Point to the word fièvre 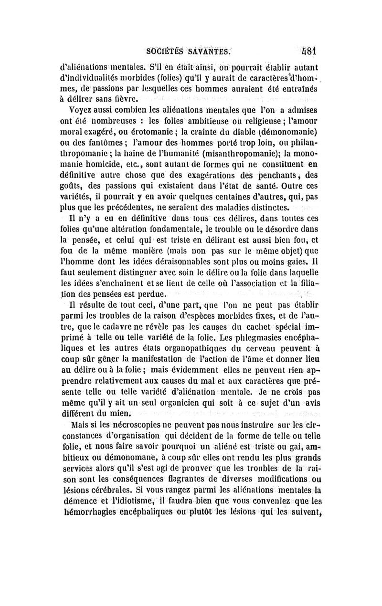coord(126,99)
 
